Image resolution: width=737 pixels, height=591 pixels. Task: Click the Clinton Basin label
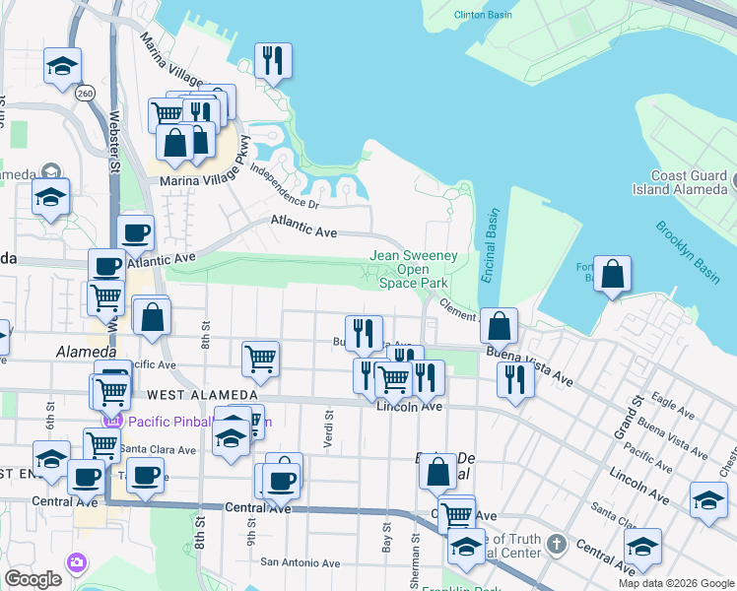[x=482, y=15]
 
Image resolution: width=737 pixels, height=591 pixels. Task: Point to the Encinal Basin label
[x=490, y=246]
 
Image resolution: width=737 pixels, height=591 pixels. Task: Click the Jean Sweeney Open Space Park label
[x=414, y=269]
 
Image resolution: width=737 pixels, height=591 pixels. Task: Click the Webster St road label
[x=114, y=148]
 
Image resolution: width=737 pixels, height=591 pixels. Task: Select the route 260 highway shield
[x=84, y=93]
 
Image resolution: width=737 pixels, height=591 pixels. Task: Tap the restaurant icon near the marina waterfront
[x=273, y=60]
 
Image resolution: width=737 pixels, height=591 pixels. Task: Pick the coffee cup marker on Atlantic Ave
[x=136, y=233]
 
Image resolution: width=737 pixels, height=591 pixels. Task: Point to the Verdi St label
[x=328, y=430]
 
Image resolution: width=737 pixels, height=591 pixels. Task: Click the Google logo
[x=33, y=579]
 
